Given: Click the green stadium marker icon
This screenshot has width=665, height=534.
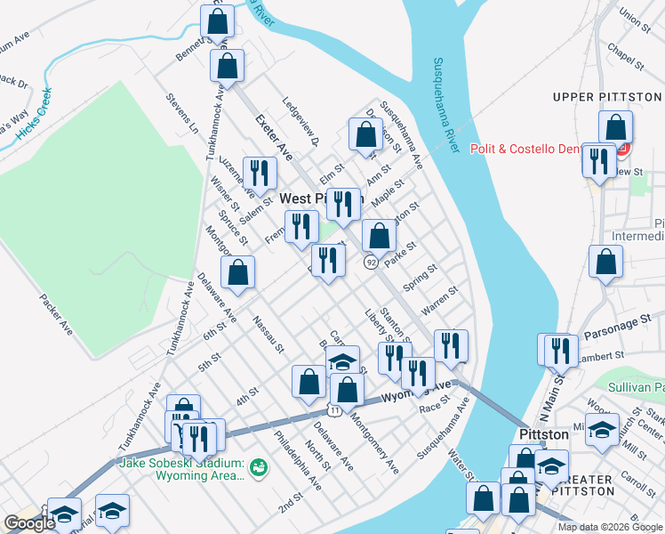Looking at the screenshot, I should click(259, 465).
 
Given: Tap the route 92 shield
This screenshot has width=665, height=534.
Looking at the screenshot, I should click(371, 262).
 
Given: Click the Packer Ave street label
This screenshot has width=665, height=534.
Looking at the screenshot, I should click(55, 312).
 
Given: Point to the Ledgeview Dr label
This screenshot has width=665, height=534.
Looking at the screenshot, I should click(301, 122).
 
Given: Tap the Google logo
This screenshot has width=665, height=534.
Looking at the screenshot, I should click(29, 523).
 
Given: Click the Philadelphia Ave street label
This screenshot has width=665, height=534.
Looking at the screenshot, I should click(298, 461).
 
